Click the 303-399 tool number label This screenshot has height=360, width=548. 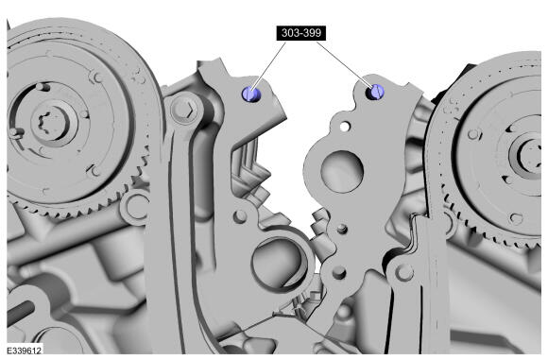[300, 33]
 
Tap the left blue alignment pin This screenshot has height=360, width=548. [250, 94]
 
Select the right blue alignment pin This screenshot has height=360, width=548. [376, 92]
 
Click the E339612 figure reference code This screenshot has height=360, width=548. [25, 351]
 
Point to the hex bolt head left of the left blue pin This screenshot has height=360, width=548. [183, 110]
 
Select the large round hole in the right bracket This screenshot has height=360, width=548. [342, 171]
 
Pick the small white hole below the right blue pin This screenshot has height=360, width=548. [345, 127]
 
